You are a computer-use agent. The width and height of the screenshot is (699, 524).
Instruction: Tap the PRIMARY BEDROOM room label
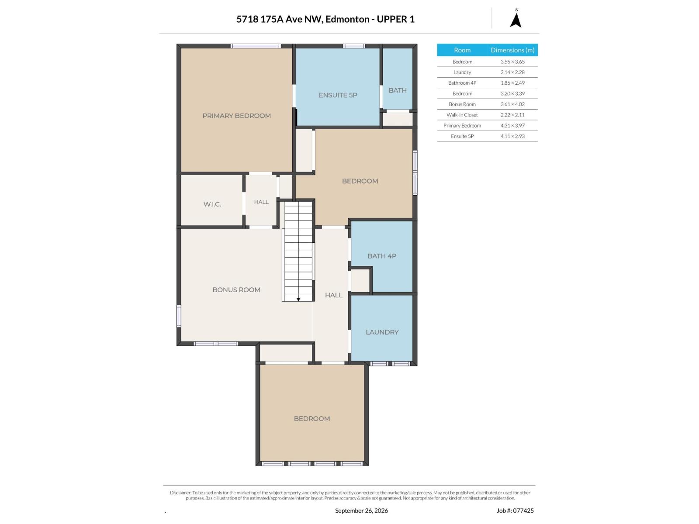click(237, 116)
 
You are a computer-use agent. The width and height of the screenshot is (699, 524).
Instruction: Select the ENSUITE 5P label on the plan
click(338, 95)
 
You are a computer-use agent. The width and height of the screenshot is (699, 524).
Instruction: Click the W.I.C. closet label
click(212, 204)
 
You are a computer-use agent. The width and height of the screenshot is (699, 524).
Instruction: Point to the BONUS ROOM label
click(236, 290)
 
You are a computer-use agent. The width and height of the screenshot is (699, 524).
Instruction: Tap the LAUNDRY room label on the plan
click(382, 332)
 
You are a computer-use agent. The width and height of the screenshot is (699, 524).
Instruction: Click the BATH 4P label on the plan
click(382, 256)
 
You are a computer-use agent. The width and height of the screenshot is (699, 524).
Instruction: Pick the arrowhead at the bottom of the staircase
click(298, 300)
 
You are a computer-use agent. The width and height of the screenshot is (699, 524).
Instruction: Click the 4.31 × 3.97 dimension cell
click(512, 125)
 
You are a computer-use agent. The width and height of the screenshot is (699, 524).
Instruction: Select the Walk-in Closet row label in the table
click(462, 115)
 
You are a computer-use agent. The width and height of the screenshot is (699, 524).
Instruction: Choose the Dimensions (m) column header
click(512, 50)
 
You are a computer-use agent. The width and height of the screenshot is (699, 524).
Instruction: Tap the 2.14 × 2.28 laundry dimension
click(512, 72)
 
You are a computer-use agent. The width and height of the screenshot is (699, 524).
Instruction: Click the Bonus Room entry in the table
click(462, 104)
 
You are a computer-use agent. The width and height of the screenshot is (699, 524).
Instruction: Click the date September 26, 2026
click(361, 510)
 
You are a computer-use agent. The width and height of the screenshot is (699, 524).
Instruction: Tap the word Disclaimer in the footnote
click(180, 493)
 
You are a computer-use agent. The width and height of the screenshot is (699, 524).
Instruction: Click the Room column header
click(462, 50)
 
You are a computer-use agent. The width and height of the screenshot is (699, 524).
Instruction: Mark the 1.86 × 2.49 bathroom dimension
click(512, 83)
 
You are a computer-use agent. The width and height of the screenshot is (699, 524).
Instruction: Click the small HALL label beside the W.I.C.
click(261, 202)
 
